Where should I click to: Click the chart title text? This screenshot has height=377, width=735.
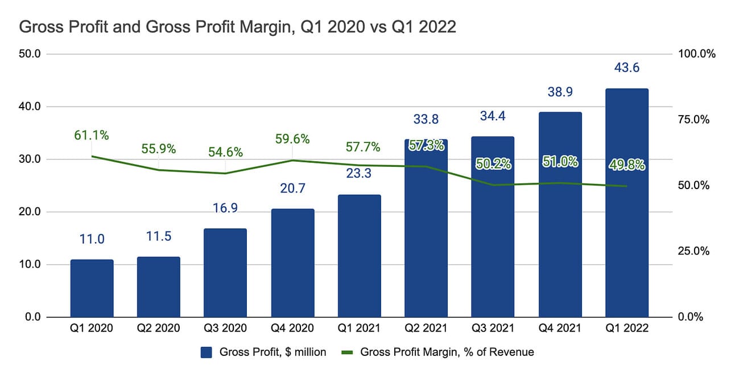pyautogui.click(x=238, y=27)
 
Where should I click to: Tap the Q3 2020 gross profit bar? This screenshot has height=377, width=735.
pyautogui.click(x=225, y=273)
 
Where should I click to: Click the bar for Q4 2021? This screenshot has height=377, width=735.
pyautogui.click(x=560, y=239)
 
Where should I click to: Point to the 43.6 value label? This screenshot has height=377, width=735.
pyautogui.click(x=626, y=68)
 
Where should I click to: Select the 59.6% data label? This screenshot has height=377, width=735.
pyautogui.click(x=292, y=138)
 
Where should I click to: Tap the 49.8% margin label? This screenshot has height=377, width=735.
pyautogui.click(x=626, y=165)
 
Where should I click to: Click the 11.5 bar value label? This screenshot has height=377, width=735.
pyautogui.click(x=158, y=236)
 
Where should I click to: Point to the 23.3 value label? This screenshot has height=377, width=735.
pyautogui.click(x=359, y=173)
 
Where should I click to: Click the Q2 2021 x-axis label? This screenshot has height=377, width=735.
pyautogui.click(x=426, y=328)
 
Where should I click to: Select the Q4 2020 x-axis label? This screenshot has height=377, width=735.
pyautogui.click(x=292, y=328)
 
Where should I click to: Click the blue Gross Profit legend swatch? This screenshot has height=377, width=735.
pyautogui.click(x=206, y=353)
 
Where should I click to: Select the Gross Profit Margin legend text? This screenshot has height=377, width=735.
pyautogui.click(x=447, y=353)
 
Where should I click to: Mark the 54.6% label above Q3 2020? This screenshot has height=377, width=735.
pyautogui.click(x=225, y=152)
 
